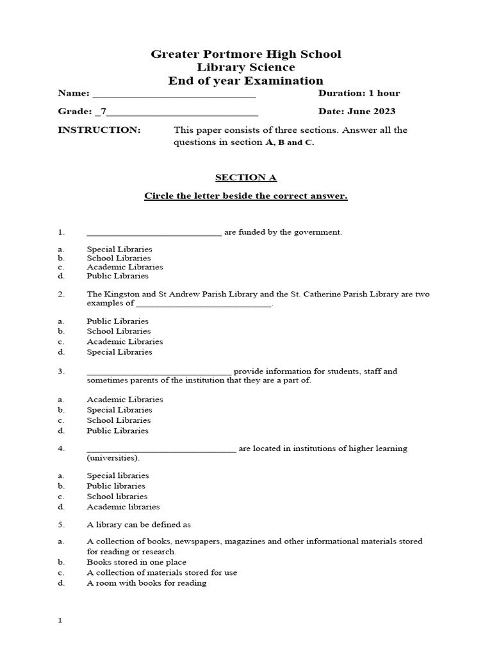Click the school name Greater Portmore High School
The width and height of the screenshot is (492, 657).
coord(246,55)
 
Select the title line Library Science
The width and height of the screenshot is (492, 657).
coord(246,67)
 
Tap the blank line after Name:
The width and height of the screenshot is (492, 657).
coord(174,96)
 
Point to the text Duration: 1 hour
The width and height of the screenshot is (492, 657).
coord(359,94)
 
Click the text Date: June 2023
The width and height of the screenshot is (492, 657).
coord(357,112)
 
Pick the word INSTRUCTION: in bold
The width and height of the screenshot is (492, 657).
coord(99,130)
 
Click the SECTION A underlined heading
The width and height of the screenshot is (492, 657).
coord(246,178)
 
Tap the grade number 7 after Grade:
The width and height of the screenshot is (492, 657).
coord(104,112)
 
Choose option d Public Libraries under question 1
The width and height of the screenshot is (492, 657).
coord(117,276)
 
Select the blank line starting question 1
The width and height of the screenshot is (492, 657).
coord(154,234)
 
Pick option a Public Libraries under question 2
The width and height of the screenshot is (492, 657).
coord(117,321)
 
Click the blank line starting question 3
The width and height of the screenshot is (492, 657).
coord(159,373)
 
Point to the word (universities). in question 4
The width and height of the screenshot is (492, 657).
coord(113,458)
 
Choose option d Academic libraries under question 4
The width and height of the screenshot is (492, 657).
coord(123,507)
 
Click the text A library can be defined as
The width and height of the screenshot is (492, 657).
coord(139,525)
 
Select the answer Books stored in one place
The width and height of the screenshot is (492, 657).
coord(136,562)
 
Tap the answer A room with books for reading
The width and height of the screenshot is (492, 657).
coord(147,583)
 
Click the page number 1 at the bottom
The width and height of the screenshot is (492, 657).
coord(60,621)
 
